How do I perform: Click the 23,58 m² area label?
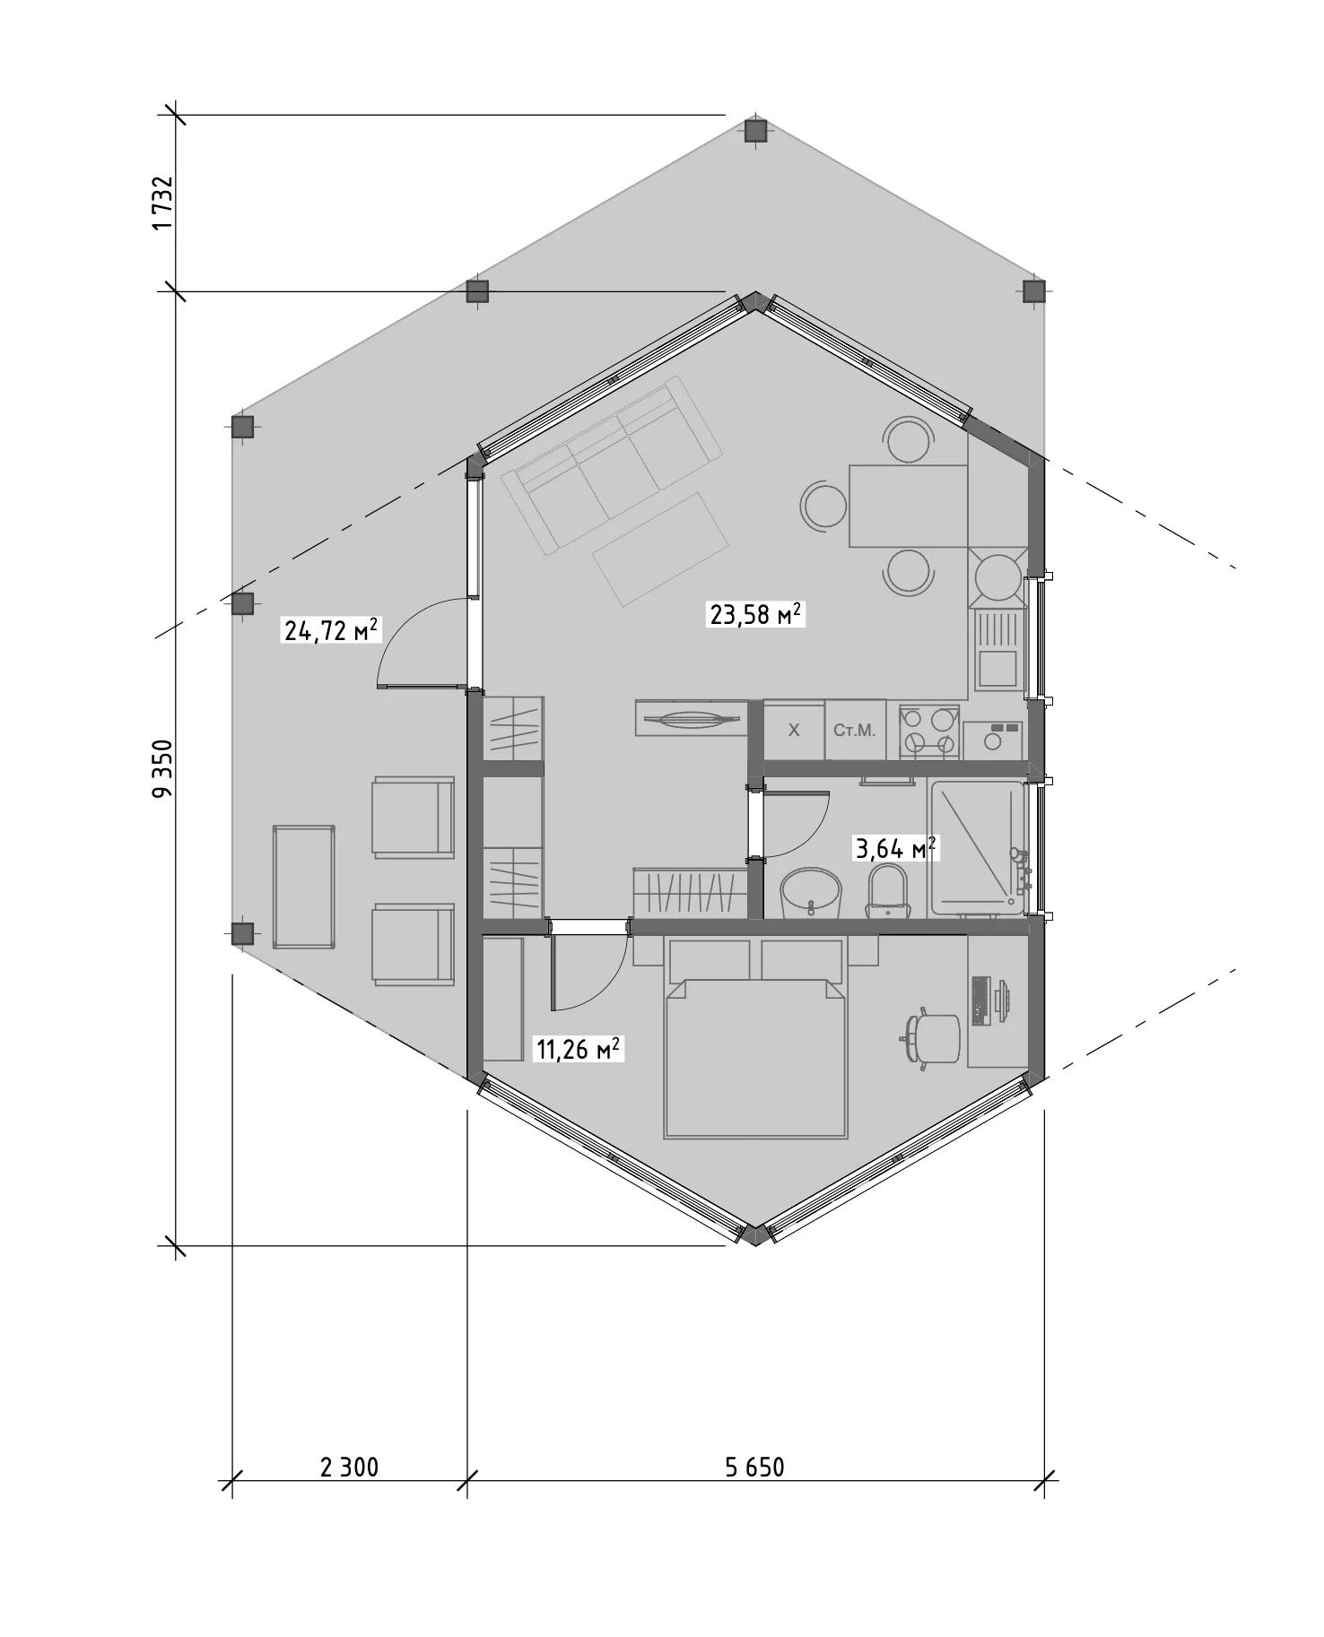tap(756, 614)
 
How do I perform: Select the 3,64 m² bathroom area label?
tap(895, 847)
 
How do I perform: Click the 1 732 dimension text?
tap(162, 203)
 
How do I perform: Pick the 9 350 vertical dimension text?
tap(162, 768)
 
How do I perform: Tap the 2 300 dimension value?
tap(350, 1467)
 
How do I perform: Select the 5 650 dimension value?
tap(754, 1467)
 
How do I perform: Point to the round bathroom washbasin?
tap(812, 893)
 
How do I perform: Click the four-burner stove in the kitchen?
tap(928, 731)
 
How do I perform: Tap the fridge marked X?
tap(793, 730)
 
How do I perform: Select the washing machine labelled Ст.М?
tap(855, 730)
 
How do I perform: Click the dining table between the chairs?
tap(908, 506)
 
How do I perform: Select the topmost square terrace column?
tap(756, 132)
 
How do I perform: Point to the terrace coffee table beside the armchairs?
tap(304, 887)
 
